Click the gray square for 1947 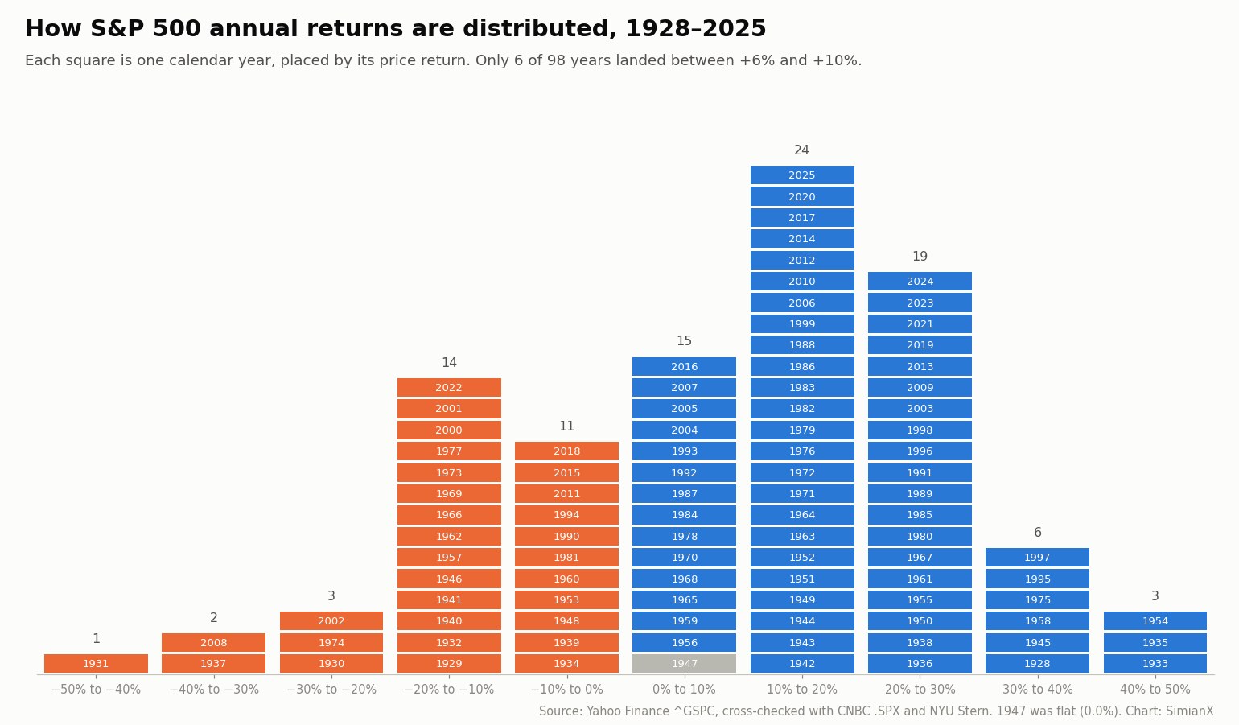click(x=684, y=664)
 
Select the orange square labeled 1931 click(x=97, y=664)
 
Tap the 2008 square click(x=213, y=642)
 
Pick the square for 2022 click(x=449, y=388)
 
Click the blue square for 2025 click(x=802, y=175)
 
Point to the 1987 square click(x=684, y=494)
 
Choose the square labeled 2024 click(x=920, y=282)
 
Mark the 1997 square click(x=1037, y=558)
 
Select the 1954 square click(x=1155, y=621)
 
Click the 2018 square click(x=567, y=451)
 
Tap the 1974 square click(x=331, y=642)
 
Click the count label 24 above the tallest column click(x=801, y=150)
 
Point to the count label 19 click(x=920, y=257)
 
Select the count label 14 click(x=449, y=363)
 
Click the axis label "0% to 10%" click(x=684, y=690)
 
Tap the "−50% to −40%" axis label click(x=97, y=690)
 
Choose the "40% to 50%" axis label click(x=1155, y=690)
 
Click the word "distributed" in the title click(x=539, y=29)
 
